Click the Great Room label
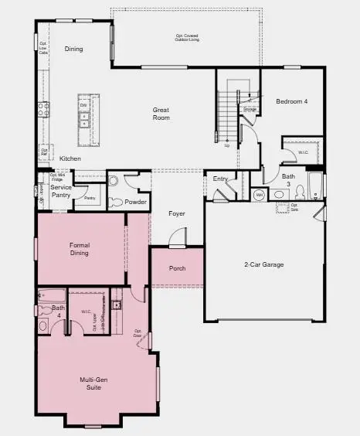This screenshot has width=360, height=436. point(161,114)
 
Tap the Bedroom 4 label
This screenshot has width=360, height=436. point(291,102)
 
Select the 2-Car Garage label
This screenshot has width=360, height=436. point(264,264)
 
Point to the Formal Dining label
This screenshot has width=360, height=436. point(80,248)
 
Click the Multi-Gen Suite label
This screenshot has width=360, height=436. point(97,382)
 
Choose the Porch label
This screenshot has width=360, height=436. point(178,269)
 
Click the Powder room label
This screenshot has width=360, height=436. point(135,203)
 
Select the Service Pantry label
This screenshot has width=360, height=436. point(61,191)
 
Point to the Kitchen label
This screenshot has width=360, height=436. point(70,158)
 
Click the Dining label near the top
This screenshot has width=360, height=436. point(74,49)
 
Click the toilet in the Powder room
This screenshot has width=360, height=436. point(113,182)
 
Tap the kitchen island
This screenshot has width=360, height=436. point(84,120)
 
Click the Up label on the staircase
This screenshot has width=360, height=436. point(226,145)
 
